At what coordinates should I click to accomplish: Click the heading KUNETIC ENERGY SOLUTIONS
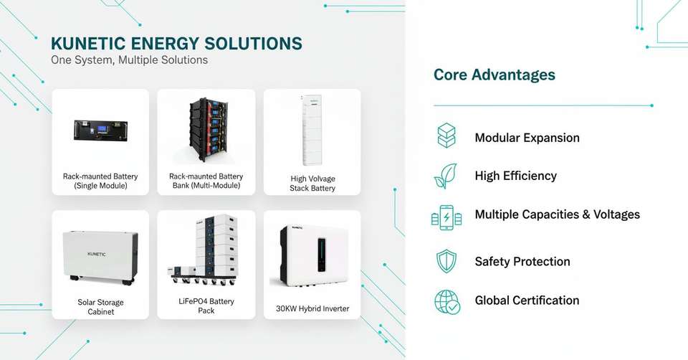click(x=176, y=43)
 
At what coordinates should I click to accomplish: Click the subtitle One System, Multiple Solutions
click(x=129, y=60)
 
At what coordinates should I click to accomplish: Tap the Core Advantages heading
click(x=494, y=75)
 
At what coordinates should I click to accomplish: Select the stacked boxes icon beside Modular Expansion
click(x=446, y=136)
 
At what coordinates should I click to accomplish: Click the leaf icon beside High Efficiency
click(x=446, y=176)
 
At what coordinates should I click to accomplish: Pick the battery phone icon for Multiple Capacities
click(x=446, y=217)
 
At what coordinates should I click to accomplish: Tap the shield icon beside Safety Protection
click(x=446, y=261)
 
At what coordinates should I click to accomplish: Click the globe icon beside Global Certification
click(x=447, y=301)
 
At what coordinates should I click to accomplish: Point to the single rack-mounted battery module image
click(x=100, y=130)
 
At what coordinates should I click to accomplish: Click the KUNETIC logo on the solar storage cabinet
click(x=101, y=254)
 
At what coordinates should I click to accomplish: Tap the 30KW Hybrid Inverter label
click(x=312, y=309)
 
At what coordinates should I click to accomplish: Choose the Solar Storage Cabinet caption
click(x=100, y=307)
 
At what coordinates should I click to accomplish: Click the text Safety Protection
click(x=522, y=262)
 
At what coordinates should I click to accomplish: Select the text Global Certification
click(x=527, y=300)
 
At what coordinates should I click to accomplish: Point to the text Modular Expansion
click(x=527, y=138)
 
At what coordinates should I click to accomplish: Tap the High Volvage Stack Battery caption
click(x=312, y=184)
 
